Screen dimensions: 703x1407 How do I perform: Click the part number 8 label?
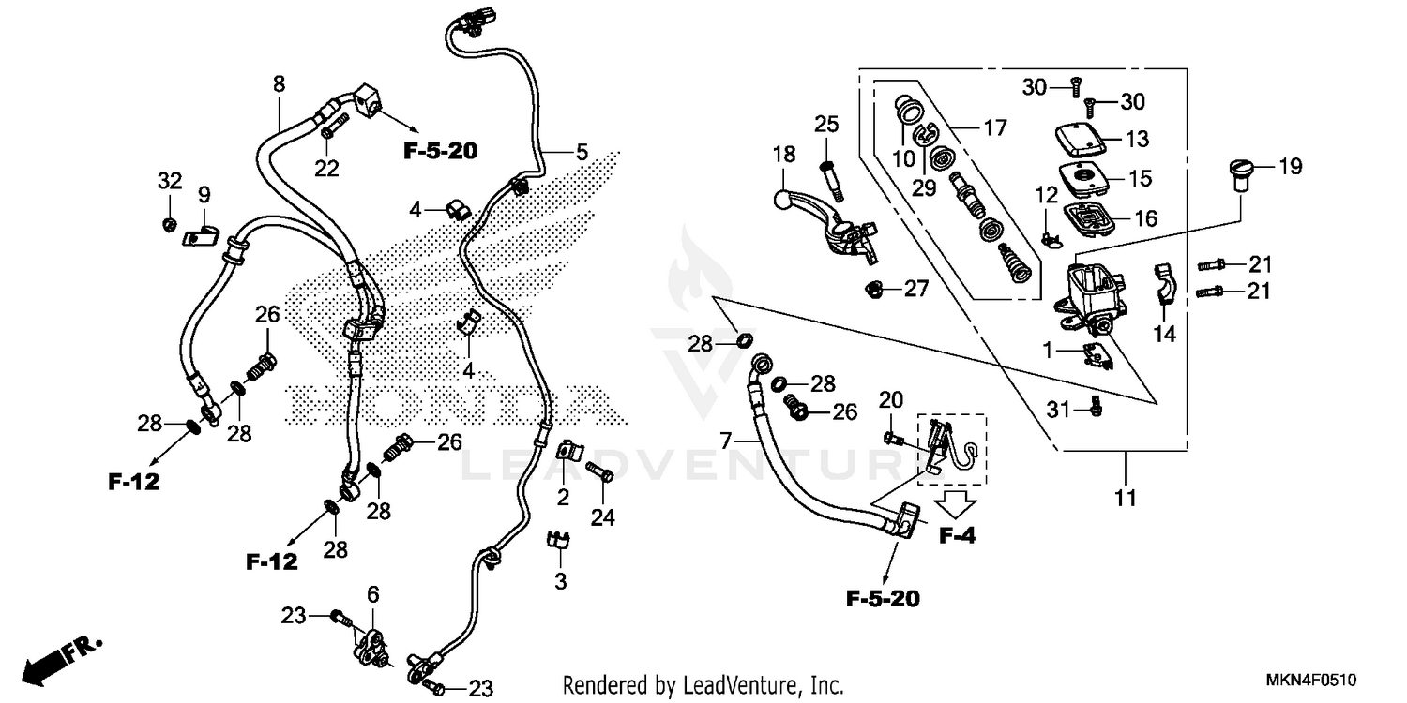pos(279,84)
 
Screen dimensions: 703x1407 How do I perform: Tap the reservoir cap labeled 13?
pos(1078,139)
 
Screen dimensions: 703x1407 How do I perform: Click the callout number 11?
pos(1126,498)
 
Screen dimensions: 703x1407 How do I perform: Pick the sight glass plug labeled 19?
pos(1241,176)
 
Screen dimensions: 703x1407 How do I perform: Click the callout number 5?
pos(582,151)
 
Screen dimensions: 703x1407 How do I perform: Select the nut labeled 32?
pos(170,223)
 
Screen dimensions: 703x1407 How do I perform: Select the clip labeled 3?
pos(559,540)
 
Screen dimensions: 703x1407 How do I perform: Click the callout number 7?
pos(724,439)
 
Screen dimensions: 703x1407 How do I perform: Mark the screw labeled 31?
pos(1095,408)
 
